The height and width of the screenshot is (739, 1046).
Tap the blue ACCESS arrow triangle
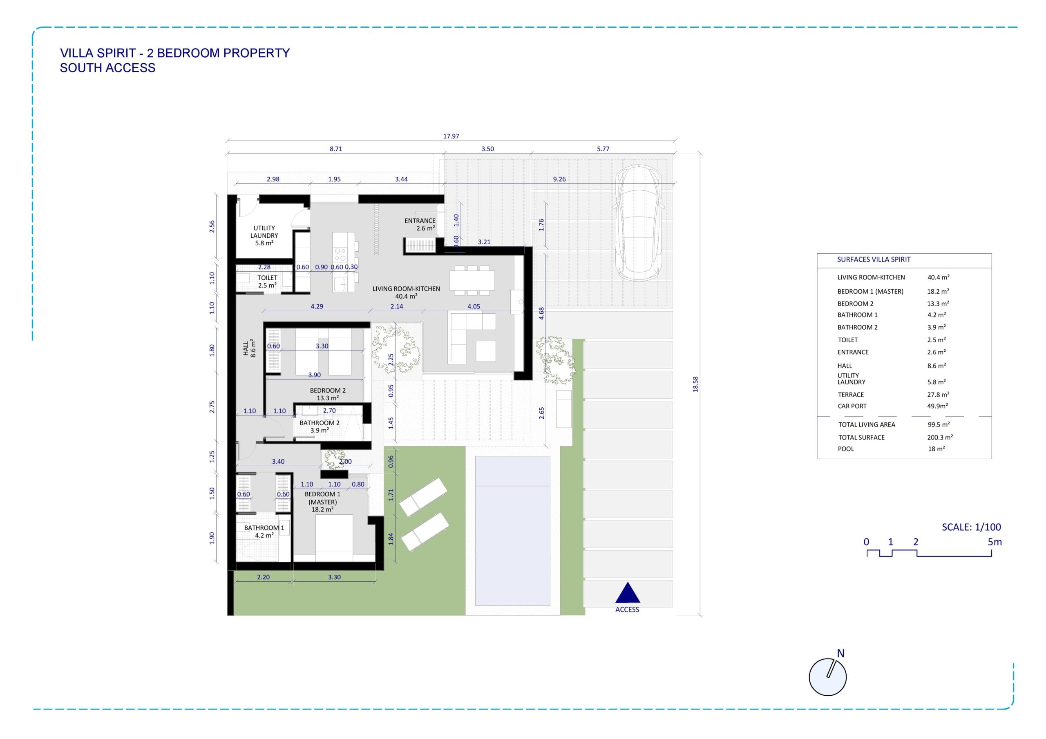coord(627,593)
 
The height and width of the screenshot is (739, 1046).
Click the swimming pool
coord(512,531)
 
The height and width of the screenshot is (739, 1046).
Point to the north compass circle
coord(827,677)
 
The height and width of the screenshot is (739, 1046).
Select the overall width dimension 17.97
coord(451,136)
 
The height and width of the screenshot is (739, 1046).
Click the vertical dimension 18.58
coord(695,384)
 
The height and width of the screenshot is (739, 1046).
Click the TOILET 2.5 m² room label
coord(267,281)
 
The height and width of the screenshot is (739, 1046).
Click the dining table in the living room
coord(472,280)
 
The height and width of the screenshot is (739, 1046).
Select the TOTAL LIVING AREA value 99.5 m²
coord(939,424)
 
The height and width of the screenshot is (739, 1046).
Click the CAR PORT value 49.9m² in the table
coord(938,406)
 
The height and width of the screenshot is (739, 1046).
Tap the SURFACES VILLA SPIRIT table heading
coord(874,260)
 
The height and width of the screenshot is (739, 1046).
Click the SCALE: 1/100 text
coord(972,527)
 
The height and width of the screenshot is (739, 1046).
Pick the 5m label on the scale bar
coord(995,542)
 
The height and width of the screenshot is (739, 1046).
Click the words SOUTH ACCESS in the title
coord(107,68)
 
